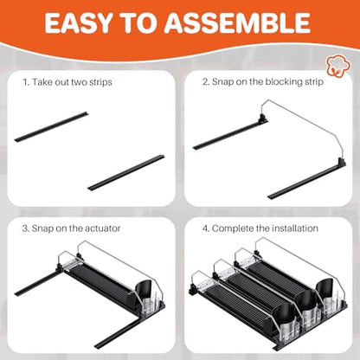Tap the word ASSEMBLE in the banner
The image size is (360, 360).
pyautogui.click(x=237, y=22)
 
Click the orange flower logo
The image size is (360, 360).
pyautogui.click(x=338, y=64)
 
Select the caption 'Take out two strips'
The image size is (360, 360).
pyautogui.click(x=72, y=82)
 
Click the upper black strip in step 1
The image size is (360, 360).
pyautogui.click(x=51, y=126)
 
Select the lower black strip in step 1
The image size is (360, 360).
pyautogui.click(x=126, y=172)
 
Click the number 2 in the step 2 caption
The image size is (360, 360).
pyautogui.click(x=205, y=82)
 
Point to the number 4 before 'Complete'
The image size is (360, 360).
pyautogui.click(x=205, y=228)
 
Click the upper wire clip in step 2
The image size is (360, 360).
pyautogui.click(x=262, y=118)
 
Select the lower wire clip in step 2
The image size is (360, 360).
pyautogui.click(x=342, y=164)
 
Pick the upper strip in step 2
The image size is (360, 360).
pyautogui.click(x=230, y=134)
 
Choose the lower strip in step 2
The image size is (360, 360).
pyautogui.click(x=307, y=182)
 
